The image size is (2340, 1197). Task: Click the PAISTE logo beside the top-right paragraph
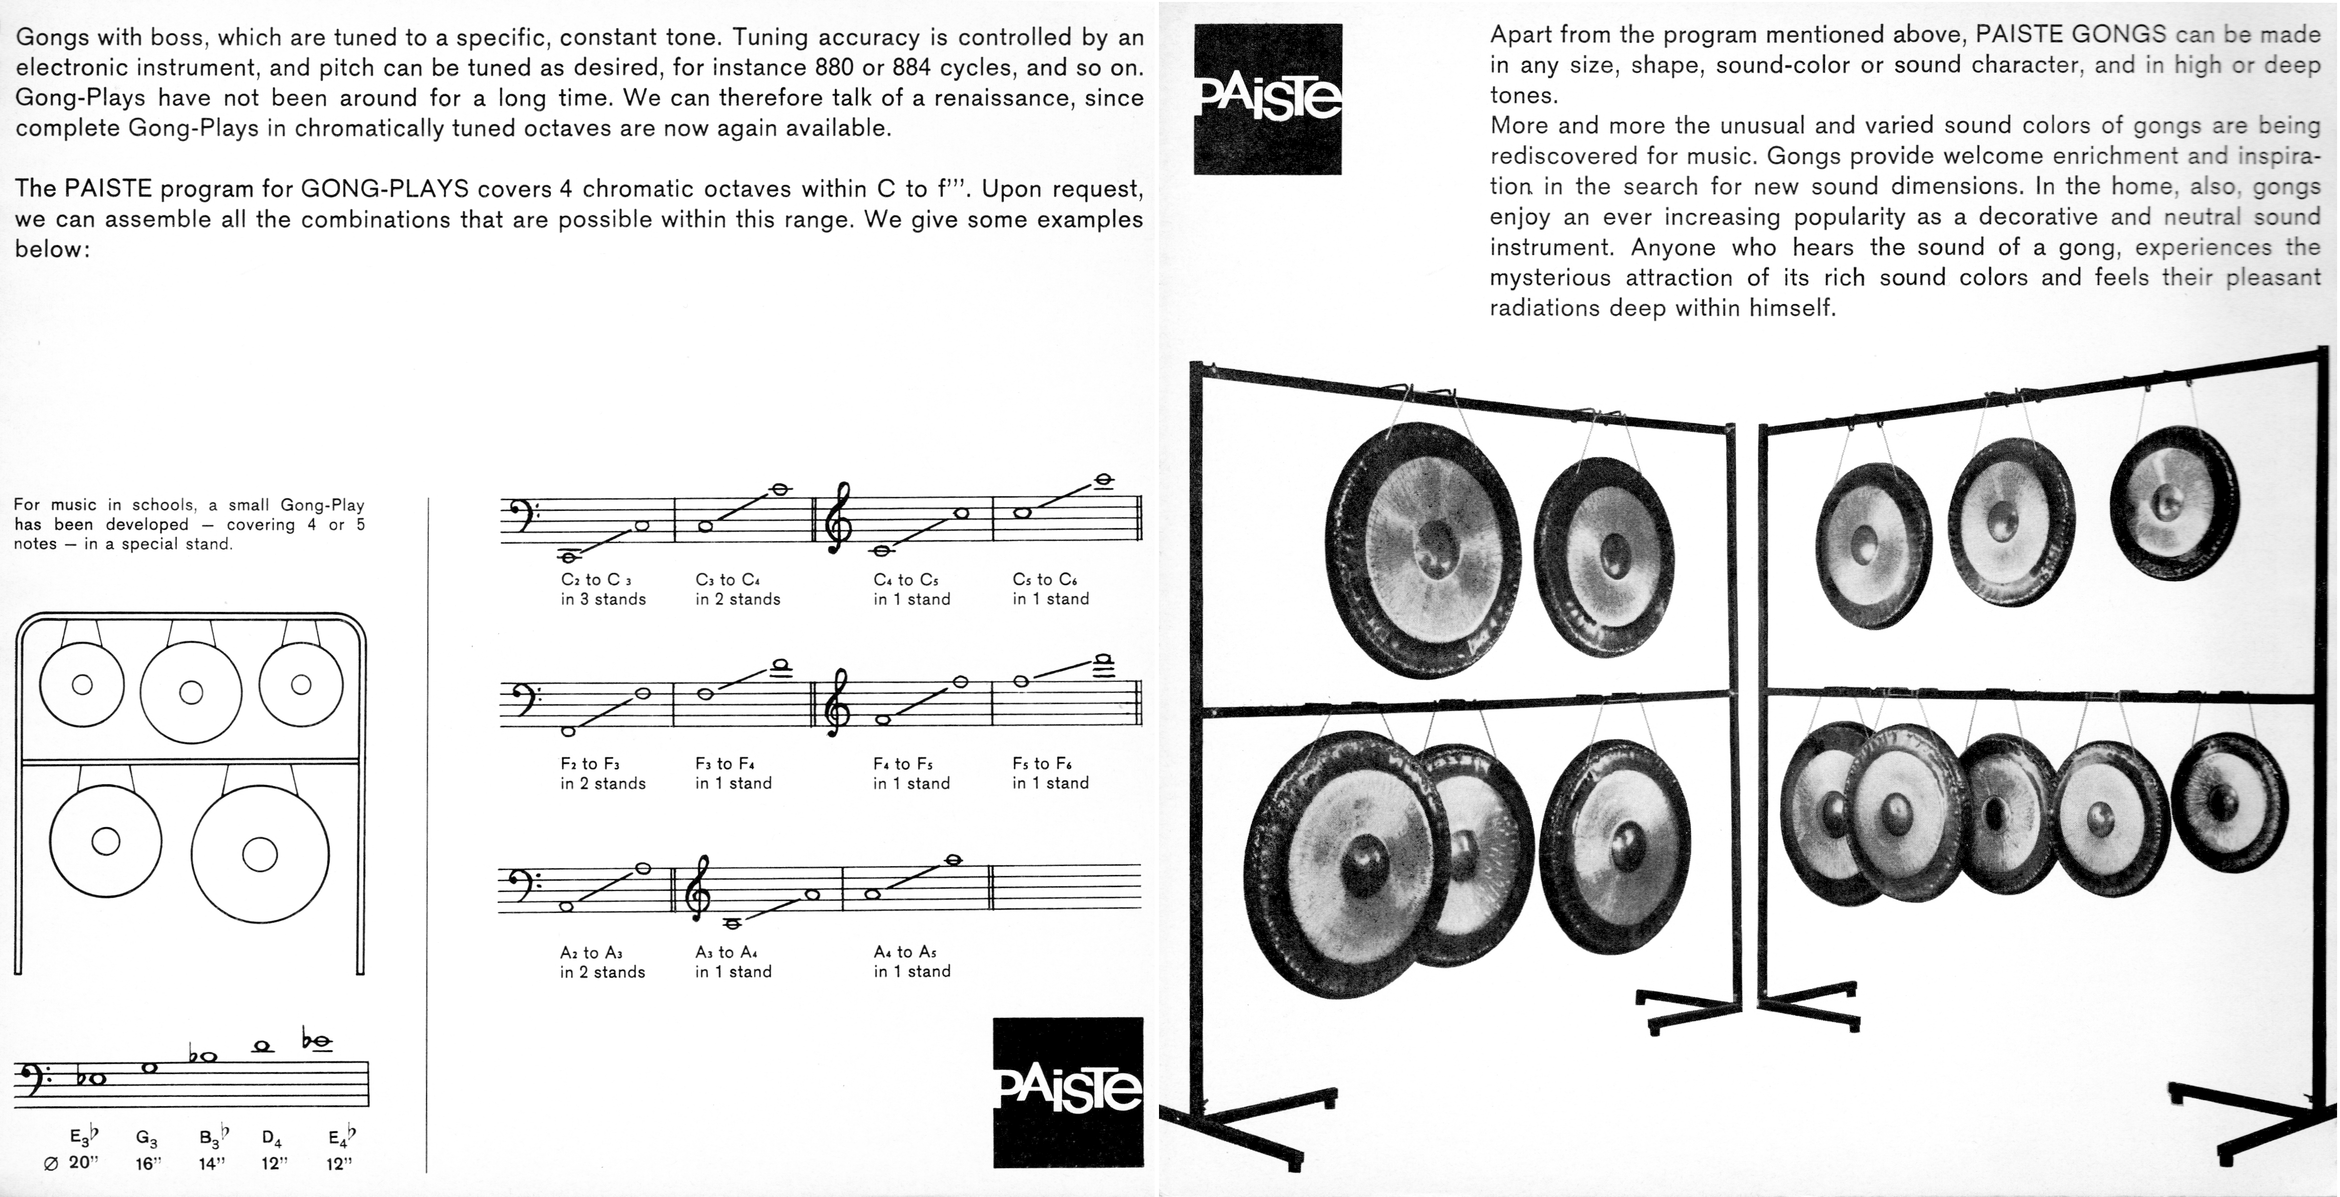[x=1267, y=99]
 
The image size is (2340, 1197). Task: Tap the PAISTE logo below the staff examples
[x=1068, y=1092]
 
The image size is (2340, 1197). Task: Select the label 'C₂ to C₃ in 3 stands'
[x=603, y=589]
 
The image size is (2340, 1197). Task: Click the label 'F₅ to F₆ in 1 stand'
[x=1050, y=773]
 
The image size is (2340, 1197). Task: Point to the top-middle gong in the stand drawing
[x=191, y=692]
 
